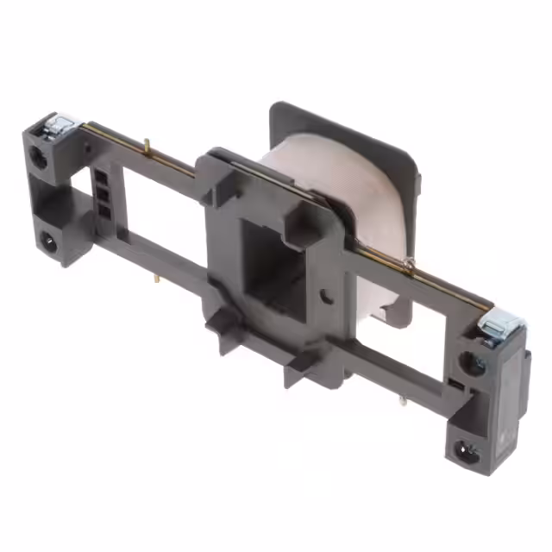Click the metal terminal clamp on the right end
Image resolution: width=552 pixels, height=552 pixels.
[501, 327]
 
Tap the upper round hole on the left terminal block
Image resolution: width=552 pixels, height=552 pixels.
[40, 157]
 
